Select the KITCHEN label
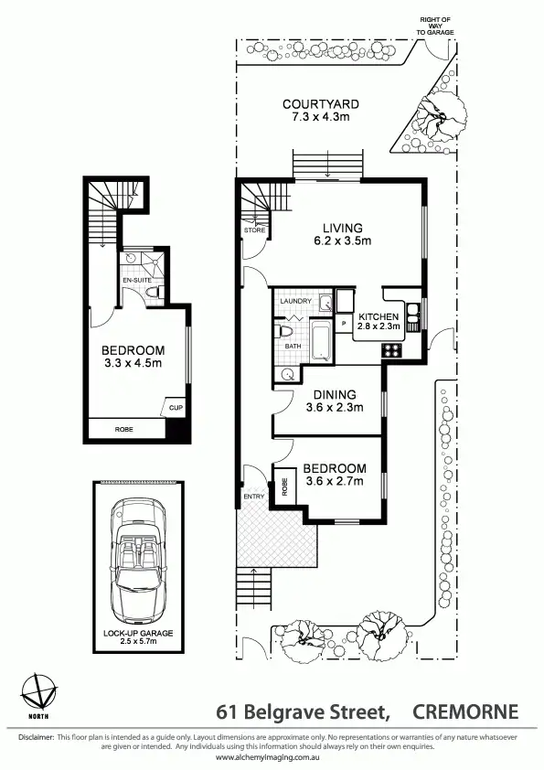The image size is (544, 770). click(377, 315)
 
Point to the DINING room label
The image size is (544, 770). click(326, 394)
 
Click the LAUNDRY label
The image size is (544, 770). click(296, 301)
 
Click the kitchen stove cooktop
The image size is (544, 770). click(391, 348)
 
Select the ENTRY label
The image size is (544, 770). click(252, 497)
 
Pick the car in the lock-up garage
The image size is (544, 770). click(142, 559)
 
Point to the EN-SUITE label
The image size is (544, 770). click(136, 280)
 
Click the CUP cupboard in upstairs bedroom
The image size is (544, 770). click(174, 405)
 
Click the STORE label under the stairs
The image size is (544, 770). click(255, 230)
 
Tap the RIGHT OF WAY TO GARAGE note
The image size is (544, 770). click(435, 26)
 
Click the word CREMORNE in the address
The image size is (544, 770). click(466, 711)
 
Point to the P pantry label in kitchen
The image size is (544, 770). click(344, 324)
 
